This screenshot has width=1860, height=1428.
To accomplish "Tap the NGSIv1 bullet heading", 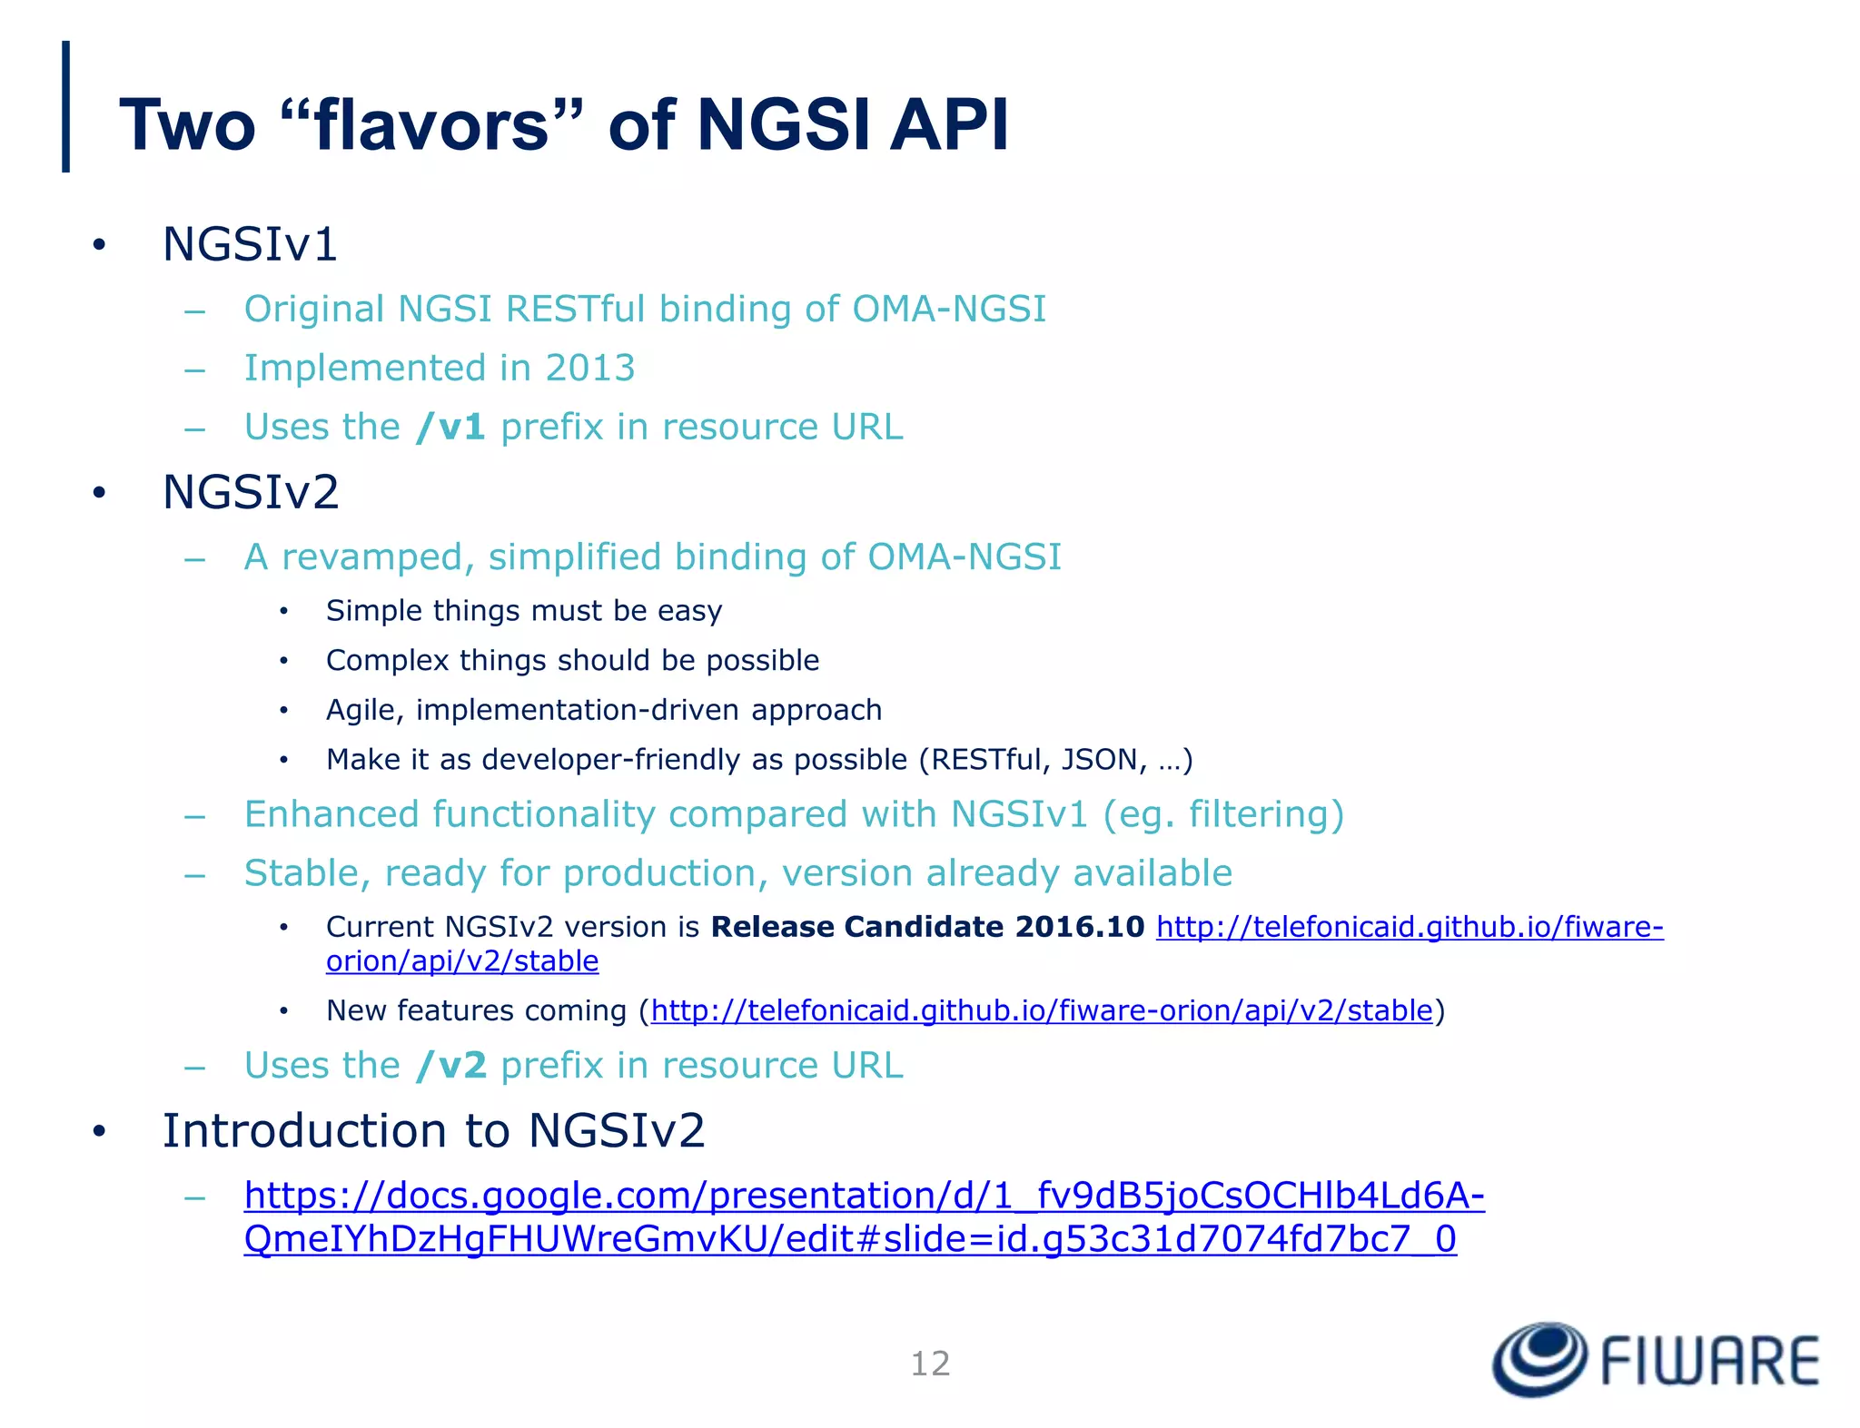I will (x=250, y=244).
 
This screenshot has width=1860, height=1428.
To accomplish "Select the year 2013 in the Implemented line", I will (x=589, y=368).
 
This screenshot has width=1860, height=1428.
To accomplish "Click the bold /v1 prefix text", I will (x=450, y=427).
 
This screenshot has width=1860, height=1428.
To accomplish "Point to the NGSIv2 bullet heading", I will (x=251, y=492).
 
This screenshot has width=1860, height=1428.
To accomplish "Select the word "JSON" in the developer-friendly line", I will (x=1099, y=759).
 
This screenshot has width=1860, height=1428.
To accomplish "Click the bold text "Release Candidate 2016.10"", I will (x=927, y=927).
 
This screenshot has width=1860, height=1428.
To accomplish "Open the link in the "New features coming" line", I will (x=1042, y=1010).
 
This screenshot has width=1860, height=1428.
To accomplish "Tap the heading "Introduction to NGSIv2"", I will (x=433, y=1131).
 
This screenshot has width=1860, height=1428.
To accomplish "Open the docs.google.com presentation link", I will (x=864, y=1197).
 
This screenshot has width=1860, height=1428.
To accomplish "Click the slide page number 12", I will (x=930, y=1364).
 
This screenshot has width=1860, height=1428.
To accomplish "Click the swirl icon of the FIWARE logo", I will (x=1540, y=1359).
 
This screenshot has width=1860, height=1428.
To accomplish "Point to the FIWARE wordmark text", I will (x=1709, y=1362).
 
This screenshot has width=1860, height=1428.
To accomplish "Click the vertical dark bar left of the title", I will (x=65, y=106).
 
